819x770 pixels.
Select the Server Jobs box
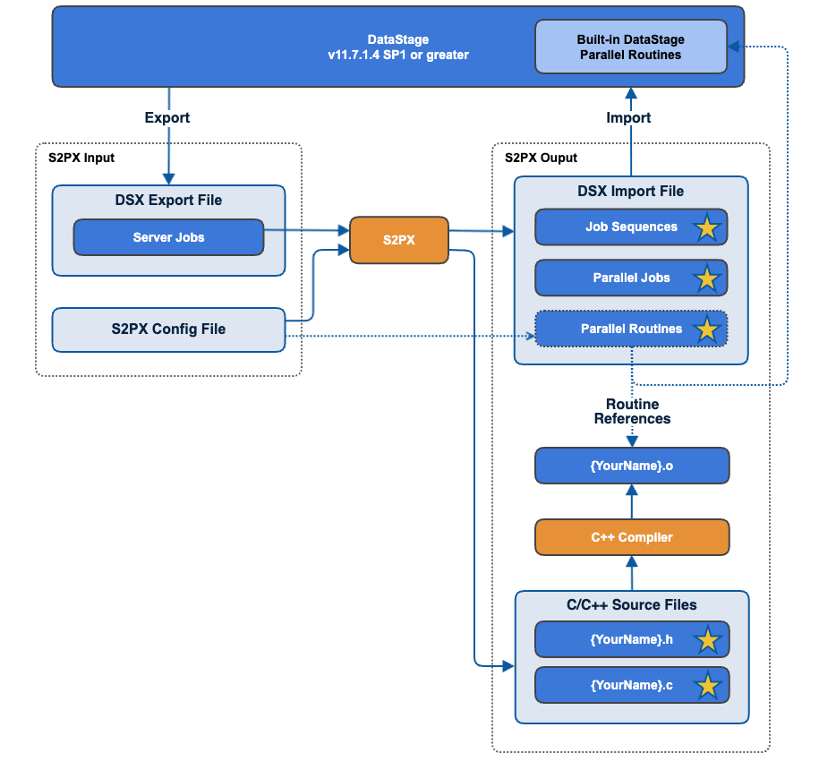(x=168, y=237)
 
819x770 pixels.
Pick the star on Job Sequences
(x=707, y=228)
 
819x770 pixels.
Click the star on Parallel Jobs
(x=707, y=279)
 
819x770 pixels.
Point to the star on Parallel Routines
(x=707, y=329)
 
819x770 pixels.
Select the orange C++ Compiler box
(x=631, y=537)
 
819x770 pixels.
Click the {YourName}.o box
(x=631, y=466)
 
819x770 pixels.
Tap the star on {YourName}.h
(x=707, y=640)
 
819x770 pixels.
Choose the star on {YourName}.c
(x=707, y=687)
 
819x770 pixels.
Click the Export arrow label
(x=167, y=117)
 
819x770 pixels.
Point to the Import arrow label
(x=628, y=117)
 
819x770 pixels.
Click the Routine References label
(x=632, y=412)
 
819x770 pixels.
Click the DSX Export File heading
(x=168, y=200)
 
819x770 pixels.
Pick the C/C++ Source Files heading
(x=631, y=604)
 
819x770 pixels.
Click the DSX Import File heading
(x=631, y=191)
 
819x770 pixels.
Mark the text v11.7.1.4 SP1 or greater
(x=398, y=55)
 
